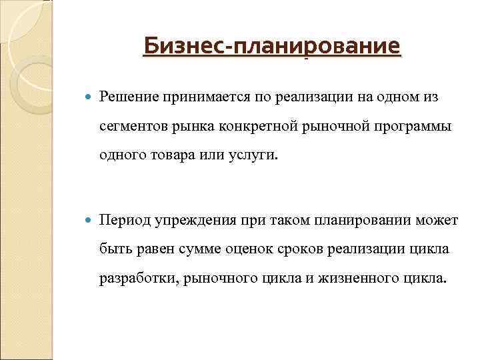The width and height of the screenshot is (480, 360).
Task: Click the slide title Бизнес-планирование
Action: tap(272, 47)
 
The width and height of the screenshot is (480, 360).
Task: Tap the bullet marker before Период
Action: tap(89, 221)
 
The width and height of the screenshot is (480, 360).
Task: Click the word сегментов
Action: tap(133, 127)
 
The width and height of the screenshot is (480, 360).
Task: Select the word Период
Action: tap(124, 220)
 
